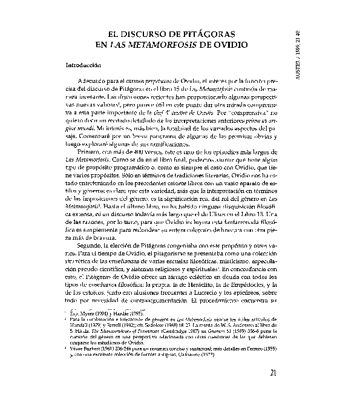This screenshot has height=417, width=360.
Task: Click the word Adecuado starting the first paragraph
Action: coord(91,81)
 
